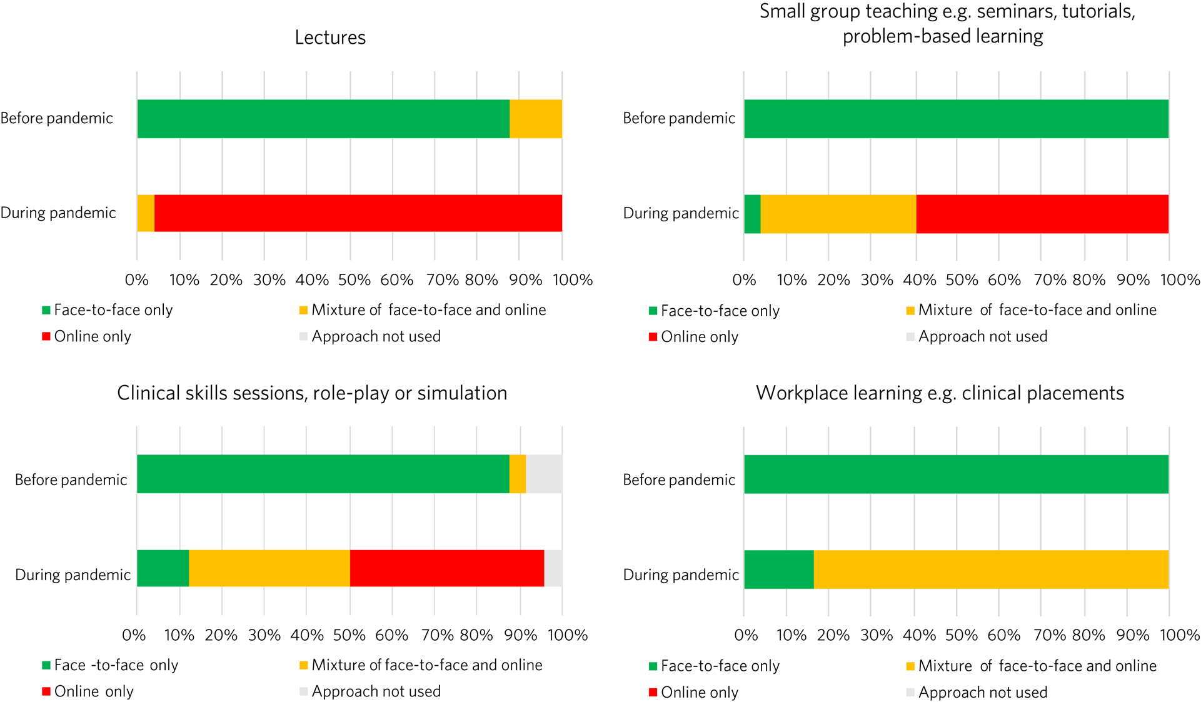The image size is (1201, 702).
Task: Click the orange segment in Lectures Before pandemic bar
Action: tap(535, 119)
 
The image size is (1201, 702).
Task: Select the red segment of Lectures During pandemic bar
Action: tap(358, 213)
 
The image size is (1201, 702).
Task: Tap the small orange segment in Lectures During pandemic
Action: tap(146, 213)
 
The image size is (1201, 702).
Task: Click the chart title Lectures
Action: tap(330, 38)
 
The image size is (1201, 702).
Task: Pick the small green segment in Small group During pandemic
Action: tap(752, 214)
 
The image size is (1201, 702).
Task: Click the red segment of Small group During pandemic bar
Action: tap(1042, 214)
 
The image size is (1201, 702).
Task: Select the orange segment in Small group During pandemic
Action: tap(838, 214)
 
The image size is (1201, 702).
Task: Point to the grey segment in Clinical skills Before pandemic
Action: tap(544, 474)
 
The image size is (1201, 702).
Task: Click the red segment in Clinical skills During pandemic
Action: tap(446, 568)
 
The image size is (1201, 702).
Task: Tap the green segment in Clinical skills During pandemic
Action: tap(163, 568)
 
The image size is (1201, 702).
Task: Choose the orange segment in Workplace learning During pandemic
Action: tap(991, 569)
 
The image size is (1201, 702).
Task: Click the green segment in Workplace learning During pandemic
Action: tap(779, 569)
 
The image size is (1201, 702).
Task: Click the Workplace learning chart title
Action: tap(940, 393)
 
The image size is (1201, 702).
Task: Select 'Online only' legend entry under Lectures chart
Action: tap(93, 336)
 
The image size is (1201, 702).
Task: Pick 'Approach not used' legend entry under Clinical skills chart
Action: tap(376, 691)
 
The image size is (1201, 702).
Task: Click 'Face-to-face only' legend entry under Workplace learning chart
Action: tap(720, 666)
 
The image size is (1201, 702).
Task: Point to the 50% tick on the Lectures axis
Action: tap(354, 280)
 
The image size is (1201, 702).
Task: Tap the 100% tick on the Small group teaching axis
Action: tap(1180, 280)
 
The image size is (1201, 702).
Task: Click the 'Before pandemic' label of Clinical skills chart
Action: tap(71, 480)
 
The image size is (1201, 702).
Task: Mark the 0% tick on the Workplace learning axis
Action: tap(746, 635)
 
